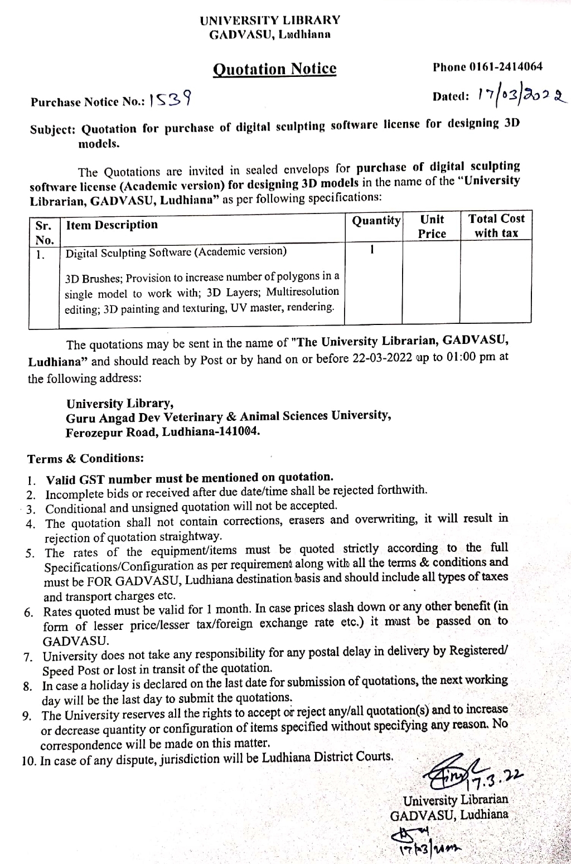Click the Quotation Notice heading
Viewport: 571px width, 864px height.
click(x=275, y=69)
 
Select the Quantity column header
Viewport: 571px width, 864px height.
click(x=376, y=221)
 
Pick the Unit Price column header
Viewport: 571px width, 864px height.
click(x=432, y=226)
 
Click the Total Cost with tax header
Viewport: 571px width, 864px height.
click(x=496, y=226)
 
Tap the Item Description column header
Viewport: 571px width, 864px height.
click(x=112, y=225)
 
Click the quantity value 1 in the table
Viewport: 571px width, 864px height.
click(x=372, y=250)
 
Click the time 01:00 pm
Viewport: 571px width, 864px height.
click(x=469, y=357)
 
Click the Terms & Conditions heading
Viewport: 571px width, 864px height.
click(x=85, y=459)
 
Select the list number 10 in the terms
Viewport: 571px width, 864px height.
click(x=28, y=761)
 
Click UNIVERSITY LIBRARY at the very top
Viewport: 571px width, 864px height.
click(x=270, y=21)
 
